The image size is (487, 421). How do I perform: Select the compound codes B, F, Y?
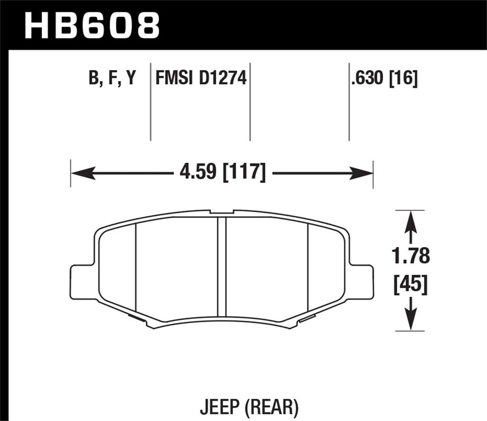(x=112, y=78)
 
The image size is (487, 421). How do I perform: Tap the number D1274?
(x=222, y=78)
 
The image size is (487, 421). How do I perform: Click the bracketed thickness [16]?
(x=403, y=78)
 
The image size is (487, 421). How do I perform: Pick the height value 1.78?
(x=411, y=257)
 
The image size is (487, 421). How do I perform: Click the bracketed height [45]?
(x=411, y=285)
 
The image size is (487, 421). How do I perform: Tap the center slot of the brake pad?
(x=222, y=266)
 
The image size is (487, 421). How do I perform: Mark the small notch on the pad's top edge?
(x=222, y=212)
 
